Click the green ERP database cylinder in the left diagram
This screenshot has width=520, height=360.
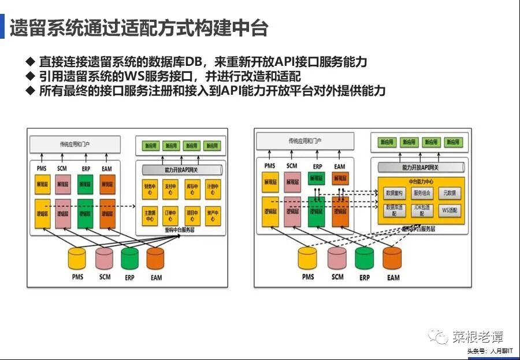[x=129, y=258]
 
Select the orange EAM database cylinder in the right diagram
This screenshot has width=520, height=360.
[x=392, y=258]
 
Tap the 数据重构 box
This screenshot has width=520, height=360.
[x=395, y=193]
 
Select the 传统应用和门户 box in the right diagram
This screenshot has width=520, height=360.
[x=304, y=141]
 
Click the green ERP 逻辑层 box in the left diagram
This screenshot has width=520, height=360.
[x=85, y=213]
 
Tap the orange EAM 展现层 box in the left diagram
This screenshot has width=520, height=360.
[x=107, y=184]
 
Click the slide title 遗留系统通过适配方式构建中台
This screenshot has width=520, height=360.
[x=139, y=27]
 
